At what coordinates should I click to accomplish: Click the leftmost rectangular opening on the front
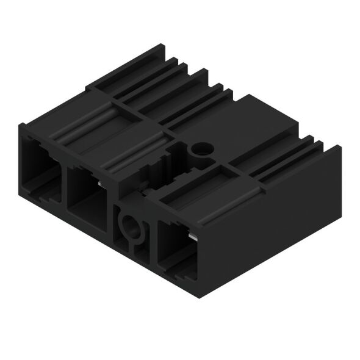39,171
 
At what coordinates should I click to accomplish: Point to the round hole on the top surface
200,149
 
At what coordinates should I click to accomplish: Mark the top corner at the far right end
339,146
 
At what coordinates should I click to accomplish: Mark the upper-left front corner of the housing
19,125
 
